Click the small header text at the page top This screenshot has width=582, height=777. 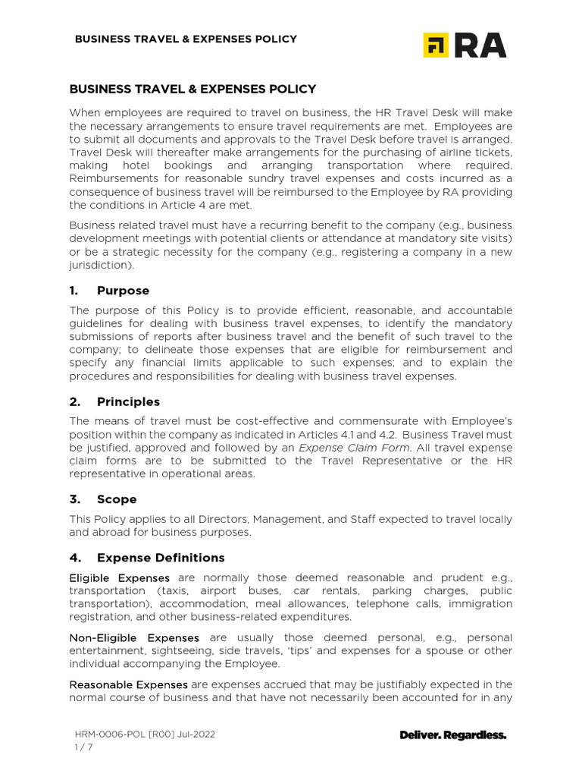click(x=185, y=39)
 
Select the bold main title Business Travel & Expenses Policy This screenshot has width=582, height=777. click(x=192, y=89)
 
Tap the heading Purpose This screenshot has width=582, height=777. click(x=123, y=291)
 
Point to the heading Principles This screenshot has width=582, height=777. click(x=128, y=401)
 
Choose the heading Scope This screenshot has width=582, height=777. click(x=117, y=499)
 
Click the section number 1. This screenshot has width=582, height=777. click(x=74, y=291)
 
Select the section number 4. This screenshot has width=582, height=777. click(x=74, y=558)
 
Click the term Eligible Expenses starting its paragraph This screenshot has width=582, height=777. click(x=119, y=578)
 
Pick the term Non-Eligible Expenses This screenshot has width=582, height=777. click(x=134, y=637)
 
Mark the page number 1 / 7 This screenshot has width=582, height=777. click(x=83, y=747)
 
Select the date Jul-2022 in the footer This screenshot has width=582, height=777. click(x=203, y=735)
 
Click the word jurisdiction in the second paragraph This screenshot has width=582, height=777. click(x=99, y=266)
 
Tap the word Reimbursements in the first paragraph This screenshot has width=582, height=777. click(x=114, y=178)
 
